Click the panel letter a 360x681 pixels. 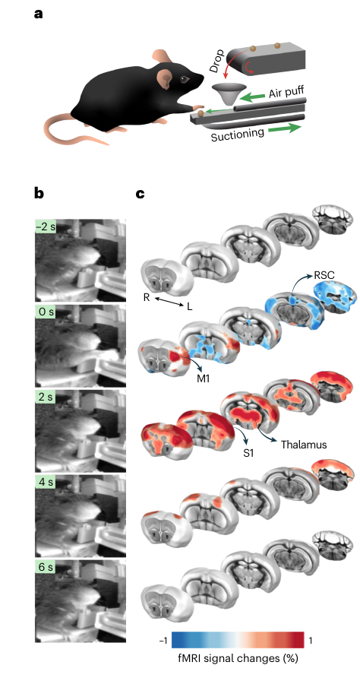[x=39, y=14]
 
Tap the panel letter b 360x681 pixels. [x=39, y=193]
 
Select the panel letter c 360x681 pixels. [x=140, y=194]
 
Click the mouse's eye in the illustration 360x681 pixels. [x=185, y=79]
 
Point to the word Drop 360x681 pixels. [x=217, y=60]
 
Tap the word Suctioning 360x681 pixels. [x=238, y=135]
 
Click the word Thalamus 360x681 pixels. [x=304, y=445]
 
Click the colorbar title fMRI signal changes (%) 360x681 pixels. [x=238, y=658]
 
